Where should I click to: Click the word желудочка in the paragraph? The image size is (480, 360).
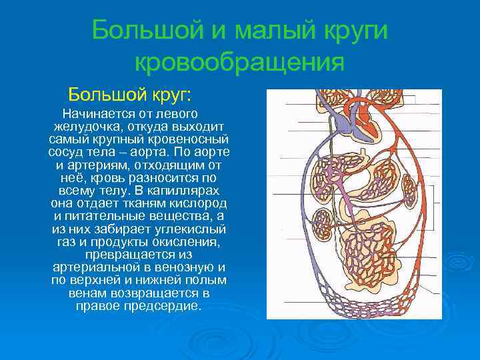coord(86,127)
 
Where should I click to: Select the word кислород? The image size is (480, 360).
coord(197,203)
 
